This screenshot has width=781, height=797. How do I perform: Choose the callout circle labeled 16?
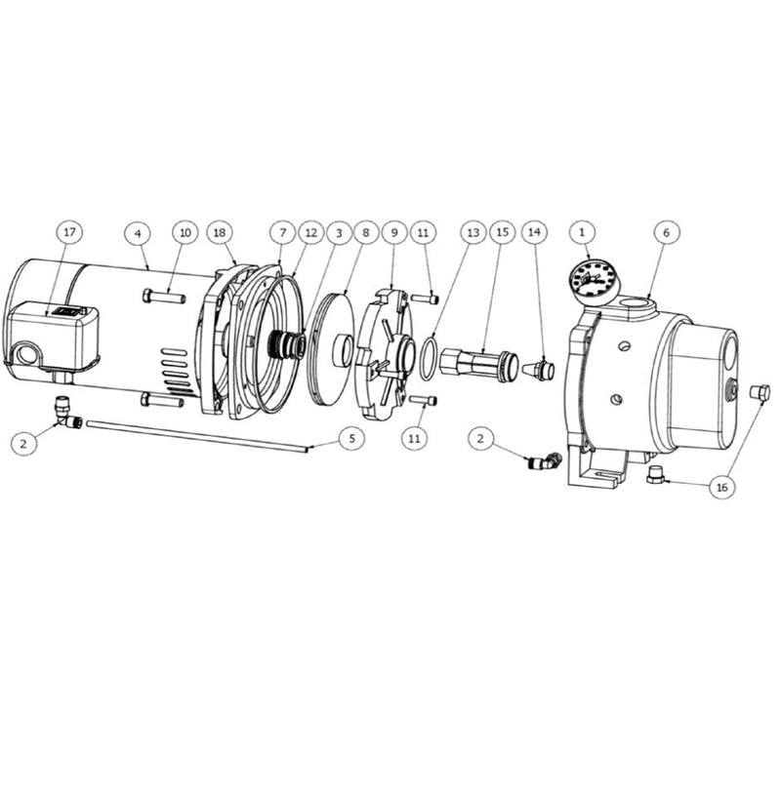click(723, 486)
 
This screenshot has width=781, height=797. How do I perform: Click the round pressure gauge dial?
click(593, 281)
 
